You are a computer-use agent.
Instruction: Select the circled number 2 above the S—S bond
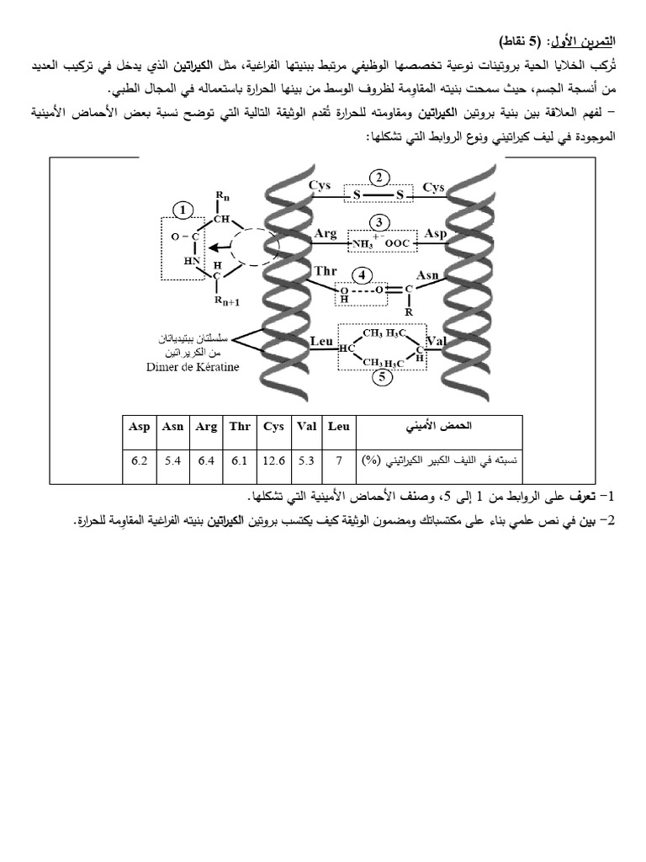coord(380,177)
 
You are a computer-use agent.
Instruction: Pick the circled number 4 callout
coord(362,274)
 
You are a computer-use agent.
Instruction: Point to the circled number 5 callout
coord(380,377)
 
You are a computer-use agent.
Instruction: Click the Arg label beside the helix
coord(325,234)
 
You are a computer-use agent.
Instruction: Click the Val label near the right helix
coord(436,343)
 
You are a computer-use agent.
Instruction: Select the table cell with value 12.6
coord(273,460)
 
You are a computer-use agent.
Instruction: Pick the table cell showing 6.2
coord(140,460)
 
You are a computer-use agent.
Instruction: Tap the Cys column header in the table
coord(273,427)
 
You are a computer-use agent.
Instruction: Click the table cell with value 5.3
coord(305,460)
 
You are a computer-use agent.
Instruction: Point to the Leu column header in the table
coord(338,427)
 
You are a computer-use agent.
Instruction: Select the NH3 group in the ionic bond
coord(364,244)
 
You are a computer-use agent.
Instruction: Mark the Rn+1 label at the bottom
coord(226,301)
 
